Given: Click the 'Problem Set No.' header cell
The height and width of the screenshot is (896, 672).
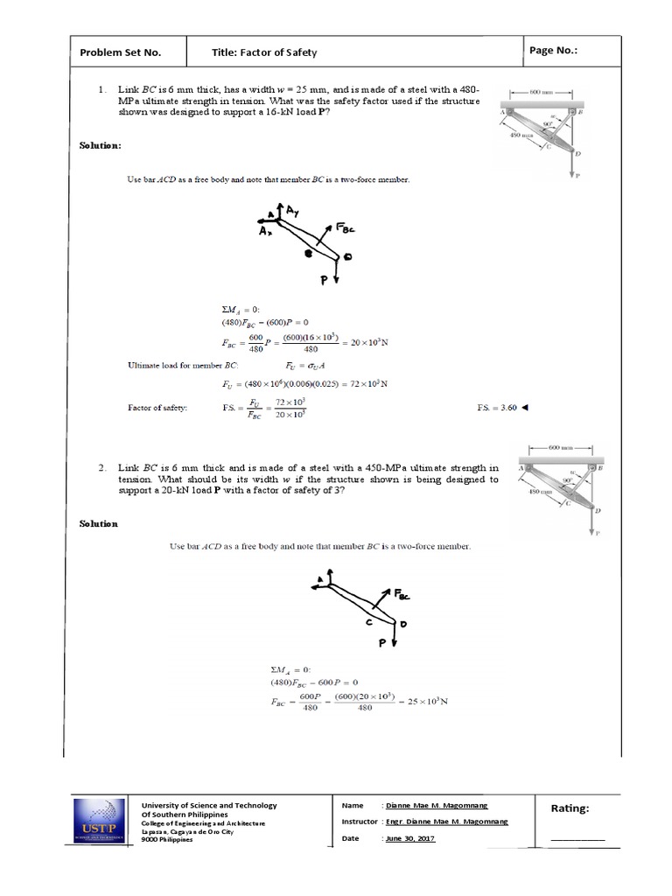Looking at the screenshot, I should coord(121,52).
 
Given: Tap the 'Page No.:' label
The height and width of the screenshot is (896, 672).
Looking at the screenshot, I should coord(554,51).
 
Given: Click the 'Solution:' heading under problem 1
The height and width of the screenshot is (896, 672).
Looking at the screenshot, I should coord(101,144).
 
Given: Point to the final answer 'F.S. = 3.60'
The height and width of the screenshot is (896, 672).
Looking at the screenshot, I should coord(502,408).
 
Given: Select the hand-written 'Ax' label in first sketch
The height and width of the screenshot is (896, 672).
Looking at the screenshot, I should coord(266,232).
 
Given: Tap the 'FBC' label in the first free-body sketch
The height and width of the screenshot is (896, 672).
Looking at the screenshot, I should coord(346,229).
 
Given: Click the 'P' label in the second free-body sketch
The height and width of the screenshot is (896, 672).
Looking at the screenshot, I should coord(381,641).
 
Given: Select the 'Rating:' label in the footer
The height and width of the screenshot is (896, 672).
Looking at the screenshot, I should coord(570,808).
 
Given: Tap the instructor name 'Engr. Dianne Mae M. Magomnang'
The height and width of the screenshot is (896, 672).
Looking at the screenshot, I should coord(446,822).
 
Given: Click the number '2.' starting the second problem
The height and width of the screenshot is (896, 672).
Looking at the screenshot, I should coord(102,468).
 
